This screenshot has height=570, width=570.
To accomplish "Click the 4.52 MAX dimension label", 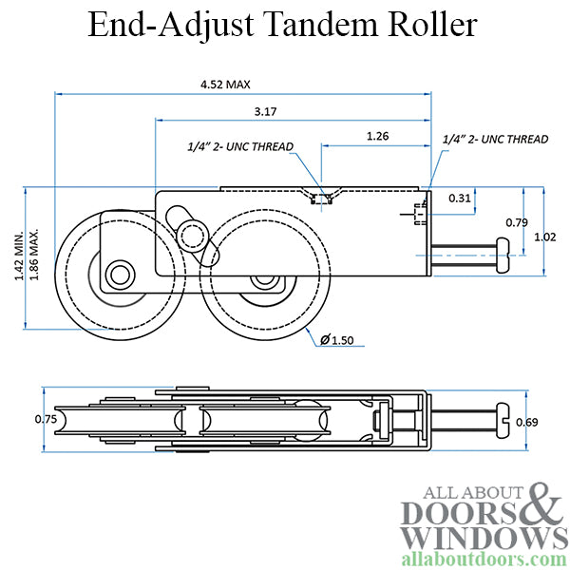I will pyautogui.click(x=225, y=85).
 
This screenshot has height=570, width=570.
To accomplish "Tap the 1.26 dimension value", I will pyautogui.click(x=377, y=137).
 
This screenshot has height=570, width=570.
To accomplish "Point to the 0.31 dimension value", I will pyautogui.click(x=460, y=198).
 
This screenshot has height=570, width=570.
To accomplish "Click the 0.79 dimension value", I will pyautogui.click(x=517, y=223).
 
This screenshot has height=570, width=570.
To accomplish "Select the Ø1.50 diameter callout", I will pyautogui.click(x=337, y=339).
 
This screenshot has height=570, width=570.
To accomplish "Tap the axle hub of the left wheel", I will pyautogui.click(x=120, y=273).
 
